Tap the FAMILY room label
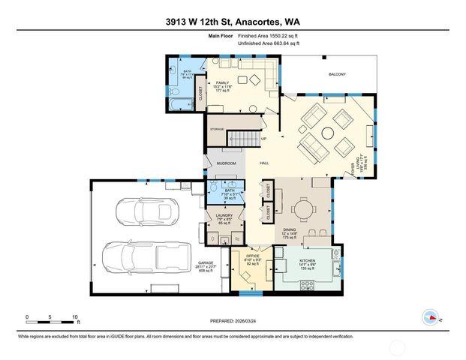click(x=222, y=82)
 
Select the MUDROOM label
click(x=227, y=163)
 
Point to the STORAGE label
click(x=217, y=128)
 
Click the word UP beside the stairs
click(x=263, y=139)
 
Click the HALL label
click(x=264, y=163)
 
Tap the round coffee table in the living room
click(x=328, y=135)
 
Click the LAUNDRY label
click(x=224, y=215)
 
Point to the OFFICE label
click(x=252, y=256)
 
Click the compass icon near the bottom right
click(x=431, y=316)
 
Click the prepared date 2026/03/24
click(x=254, y=320)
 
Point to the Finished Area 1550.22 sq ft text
click(x=269, y=35)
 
